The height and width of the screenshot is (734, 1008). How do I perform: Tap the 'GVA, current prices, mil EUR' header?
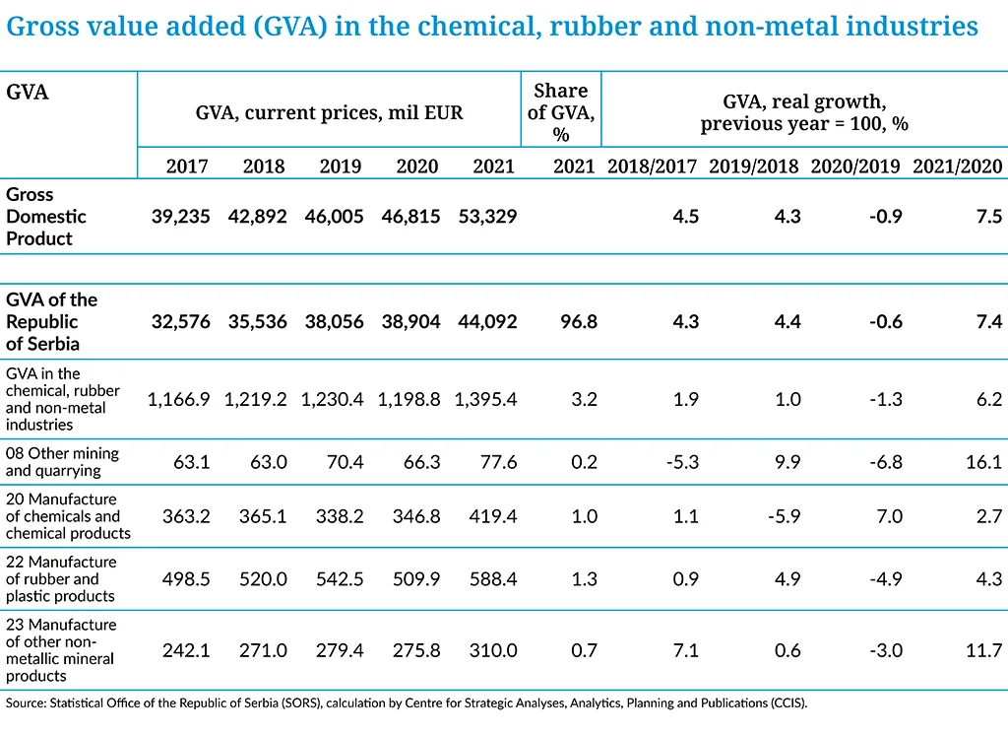point(329,112)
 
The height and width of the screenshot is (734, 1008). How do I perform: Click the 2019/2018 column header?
point(754,167)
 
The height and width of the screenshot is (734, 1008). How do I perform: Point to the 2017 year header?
point(187,167)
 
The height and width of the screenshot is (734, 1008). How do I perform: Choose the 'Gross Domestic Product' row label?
point(46,216)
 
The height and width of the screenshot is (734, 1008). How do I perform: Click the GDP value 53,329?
point(486,217)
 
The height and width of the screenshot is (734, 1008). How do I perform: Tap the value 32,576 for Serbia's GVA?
point(180,321)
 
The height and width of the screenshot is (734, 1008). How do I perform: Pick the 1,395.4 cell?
point(485,399)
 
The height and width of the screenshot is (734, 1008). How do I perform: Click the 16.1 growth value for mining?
point(983,462)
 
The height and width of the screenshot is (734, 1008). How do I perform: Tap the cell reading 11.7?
point(983,650)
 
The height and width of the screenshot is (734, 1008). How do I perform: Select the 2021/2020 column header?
point(957,167)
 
